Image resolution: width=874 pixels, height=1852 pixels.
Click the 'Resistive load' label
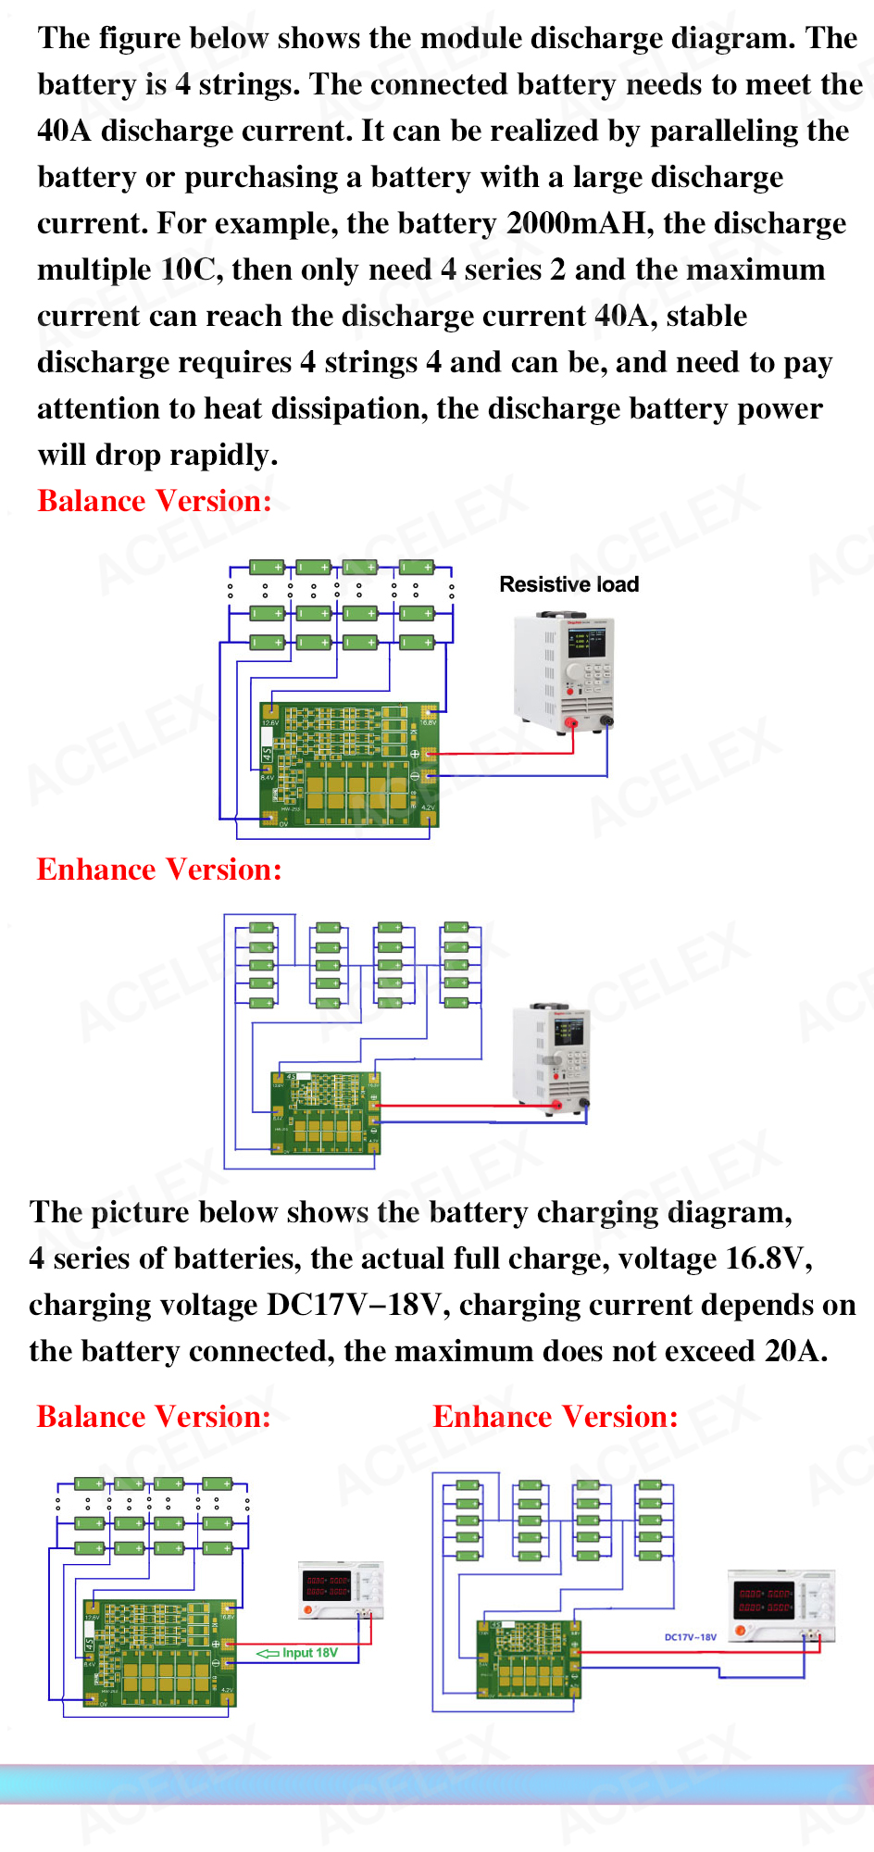point(568,584)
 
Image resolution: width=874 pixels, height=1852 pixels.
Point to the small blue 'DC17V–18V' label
point(690,1637)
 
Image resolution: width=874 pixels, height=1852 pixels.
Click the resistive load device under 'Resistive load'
point(564,671)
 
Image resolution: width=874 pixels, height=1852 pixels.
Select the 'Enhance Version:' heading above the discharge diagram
point(159,870)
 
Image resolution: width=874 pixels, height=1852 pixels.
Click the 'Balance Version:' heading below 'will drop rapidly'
point(155,501)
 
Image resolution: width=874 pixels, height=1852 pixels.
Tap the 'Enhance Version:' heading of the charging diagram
point(556,1417)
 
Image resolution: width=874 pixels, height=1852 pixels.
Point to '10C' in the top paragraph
point(191,269)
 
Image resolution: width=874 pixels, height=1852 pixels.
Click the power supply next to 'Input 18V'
point(340,1589)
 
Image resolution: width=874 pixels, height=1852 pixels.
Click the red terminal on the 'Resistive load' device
point(570,723)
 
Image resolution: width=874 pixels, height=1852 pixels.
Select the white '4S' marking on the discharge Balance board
point(268,754)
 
